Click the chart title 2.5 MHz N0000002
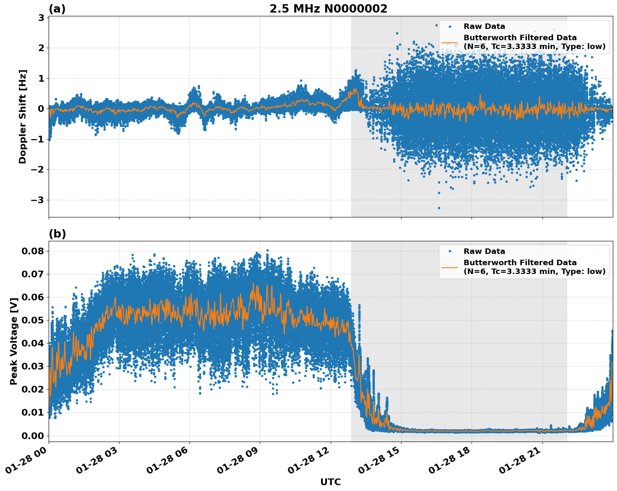pos(328,9)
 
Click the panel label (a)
pos(57,9)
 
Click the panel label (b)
pos(57,234)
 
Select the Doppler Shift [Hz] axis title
pos(23,116)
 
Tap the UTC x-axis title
pos(330,482)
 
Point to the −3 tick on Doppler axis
pos(37,200)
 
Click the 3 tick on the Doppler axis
pos(41,18)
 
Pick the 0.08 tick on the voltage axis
pos(33,251)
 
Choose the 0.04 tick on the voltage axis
pos(33,343)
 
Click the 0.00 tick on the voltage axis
pos(33,435)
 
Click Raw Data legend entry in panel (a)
pos(484,26)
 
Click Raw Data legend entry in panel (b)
pos(484,251)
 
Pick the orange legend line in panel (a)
pos(449,42)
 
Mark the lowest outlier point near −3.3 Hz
pos(439,208)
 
